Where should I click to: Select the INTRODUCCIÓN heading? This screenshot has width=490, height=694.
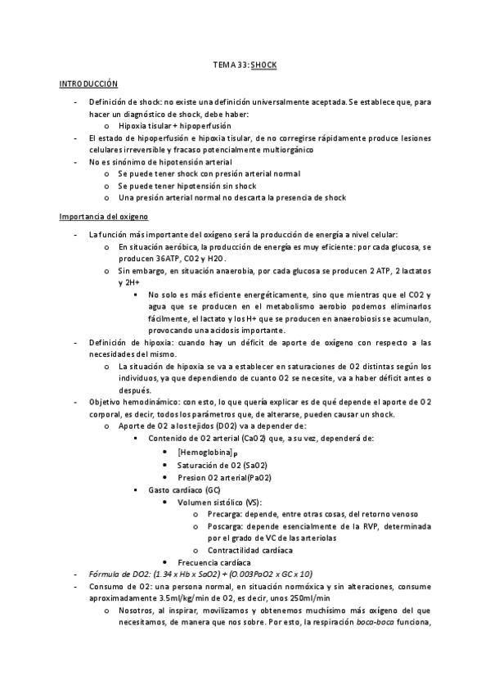tap(88, 84)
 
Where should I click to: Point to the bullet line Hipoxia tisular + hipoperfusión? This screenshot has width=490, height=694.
tap(174, 126)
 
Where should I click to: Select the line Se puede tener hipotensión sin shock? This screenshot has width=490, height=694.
tap(187, 186)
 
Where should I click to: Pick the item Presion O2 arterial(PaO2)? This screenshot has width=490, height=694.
tap(224, 477)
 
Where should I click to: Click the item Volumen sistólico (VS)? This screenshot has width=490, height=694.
tap(219, 501)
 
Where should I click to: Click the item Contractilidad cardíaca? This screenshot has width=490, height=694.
tap(249, 550)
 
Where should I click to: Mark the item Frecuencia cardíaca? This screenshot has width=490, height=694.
tap(215, 562)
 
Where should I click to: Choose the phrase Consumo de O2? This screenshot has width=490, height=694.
tap(119, 586)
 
